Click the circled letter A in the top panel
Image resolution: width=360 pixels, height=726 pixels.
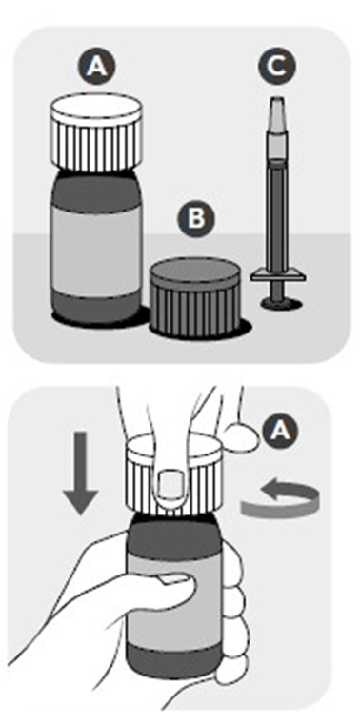[96, 68]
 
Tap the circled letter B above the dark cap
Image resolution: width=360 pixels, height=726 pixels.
[197, 219]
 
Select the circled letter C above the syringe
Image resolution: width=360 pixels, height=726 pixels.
[276, 68]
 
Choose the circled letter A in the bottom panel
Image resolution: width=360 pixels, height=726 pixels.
[279, 432]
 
